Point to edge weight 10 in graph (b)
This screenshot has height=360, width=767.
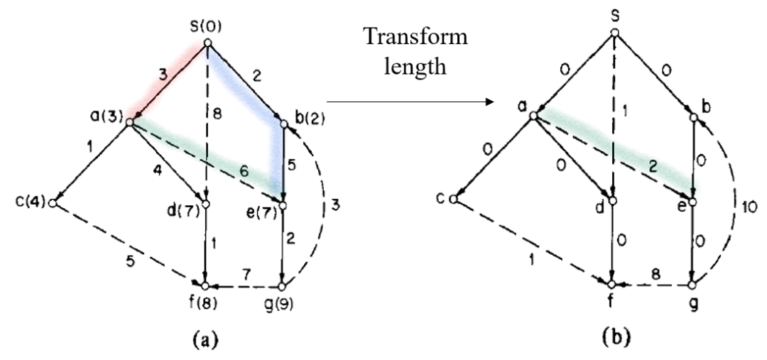[x=741, y=207]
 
